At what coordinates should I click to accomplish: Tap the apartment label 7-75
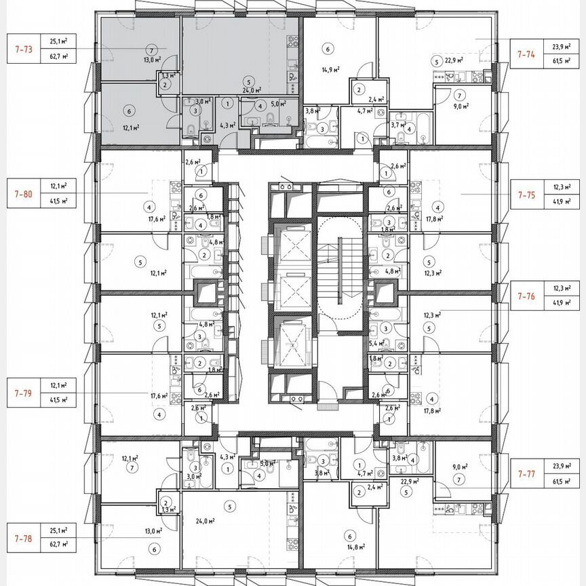[526, 194]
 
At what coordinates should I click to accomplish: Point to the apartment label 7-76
[526, 296]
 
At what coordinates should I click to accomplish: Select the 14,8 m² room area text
[356, 546]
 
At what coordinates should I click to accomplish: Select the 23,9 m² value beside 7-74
[562, 47]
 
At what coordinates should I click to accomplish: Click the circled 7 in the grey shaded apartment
[151, 50]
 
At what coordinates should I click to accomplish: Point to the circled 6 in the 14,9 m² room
[328, 49]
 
